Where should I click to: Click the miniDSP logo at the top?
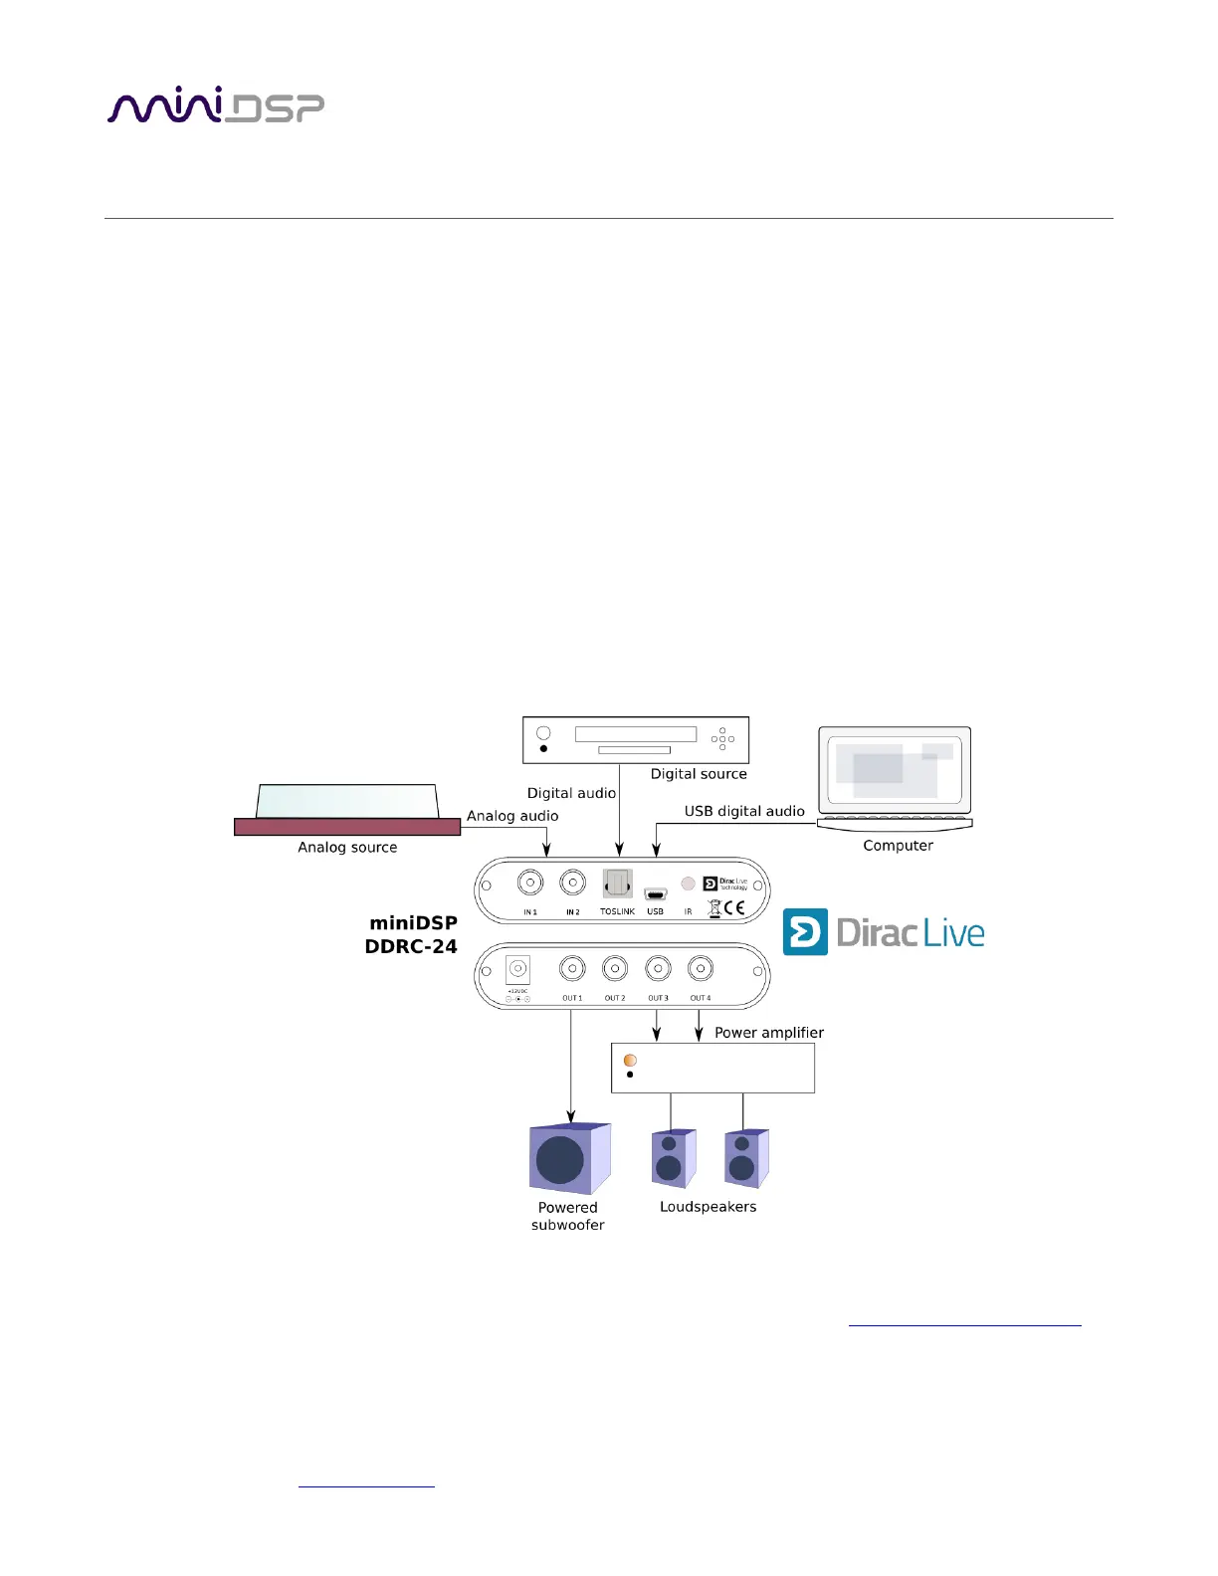(215, 106)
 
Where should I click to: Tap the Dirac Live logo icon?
(805, 932)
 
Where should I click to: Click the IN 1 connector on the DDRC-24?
(530, 883)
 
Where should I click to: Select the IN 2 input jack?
(572, 883)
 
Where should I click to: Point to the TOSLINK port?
(617, 884)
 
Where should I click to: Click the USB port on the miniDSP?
(655, 894)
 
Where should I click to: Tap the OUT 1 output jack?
(572, 968)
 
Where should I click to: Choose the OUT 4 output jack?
(701, 968)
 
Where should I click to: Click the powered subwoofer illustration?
(568, 1159)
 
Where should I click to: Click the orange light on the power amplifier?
(630, 1061)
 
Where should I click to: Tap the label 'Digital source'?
(699, 774)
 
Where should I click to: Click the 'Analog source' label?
(347, 848)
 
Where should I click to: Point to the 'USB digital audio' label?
(744, 811)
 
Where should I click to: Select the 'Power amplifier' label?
(769, 1033)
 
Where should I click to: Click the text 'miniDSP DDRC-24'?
(412, 935)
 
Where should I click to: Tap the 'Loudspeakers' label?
(708, 1207)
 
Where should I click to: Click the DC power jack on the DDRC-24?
(517, 969)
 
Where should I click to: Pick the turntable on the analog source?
(347, 801)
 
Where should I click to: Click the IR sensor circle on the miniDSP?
(688, 884)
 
